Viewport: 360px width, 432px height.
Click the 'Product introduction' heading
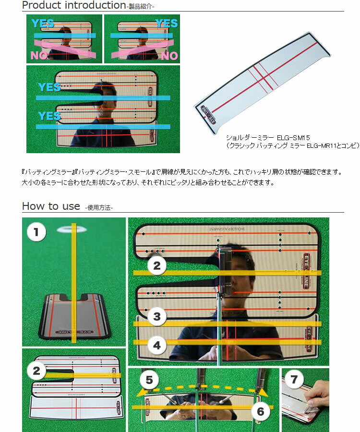click(x=73, y=5)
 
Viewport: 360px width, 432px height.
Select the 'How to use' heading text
click(x=51, y=206)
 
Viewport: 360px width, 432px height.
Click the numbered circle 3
click(x=156, y=316)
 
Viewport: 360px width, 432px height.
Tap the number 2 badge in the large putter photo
click(x=156, y=266)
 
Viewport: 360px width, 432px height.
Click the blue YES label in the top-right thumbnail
click(x=166, y=24)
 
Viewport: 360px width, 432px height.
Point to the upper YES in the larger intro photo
click(x=49, y=87)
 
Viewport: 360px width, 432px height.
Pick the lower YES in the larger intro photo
click(x=49, y=116)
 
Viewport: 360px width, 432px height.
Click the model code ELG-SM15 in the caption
click(x=293, y=138)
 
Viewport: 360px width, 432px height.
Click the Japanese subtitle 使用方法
click(x=99, y=208)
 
